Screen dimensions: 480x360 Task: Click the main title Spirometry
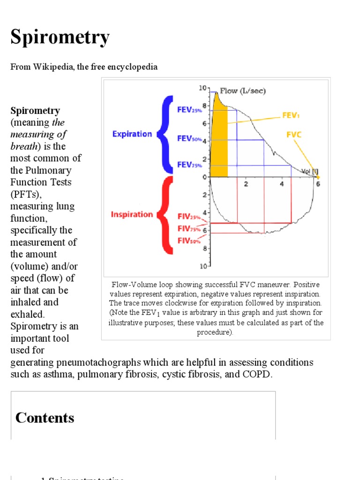pyautogui.click(x=60, y=38)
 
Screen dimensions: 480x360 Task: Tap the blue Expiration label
pyautogui.click(x=132, y=134)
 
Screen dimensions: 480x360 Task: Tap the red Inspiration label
pyautogui.click(x=132, y=214)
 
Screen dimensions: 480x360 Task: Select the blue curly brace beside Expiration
pyautogui.click(x=165, y=134)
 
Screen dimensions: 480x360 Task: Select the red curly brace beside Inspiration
pyautogui.click(x=165, y=215)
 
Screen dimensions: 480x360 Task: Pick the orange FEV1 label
pyautogui.click(x=292, y=114)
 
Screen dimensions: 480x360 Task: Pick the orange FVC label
pyautogui.click(x=294, y=135)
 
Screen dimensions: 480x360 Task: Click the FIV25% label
pyautogui.click(x=189, y=217)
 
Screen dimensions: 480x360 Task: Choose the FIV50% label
pyautogui.click(x=189, y=240)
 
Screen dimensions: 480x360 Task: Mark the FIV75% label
pyautogui.click(x=189, y=229)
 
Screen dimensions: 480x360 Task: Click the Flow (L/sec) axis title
pyautogui.click(x=243, y=91)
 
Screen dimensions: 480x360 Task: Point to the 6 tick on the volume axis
pyautogui.click(x=318, y=184)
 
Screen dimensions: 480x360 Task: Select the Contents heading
pyautogui.click(x=45, y=418)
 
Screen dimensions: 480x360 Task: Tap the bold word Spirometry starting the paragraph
pyautogui.click(x=35, y=111)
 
